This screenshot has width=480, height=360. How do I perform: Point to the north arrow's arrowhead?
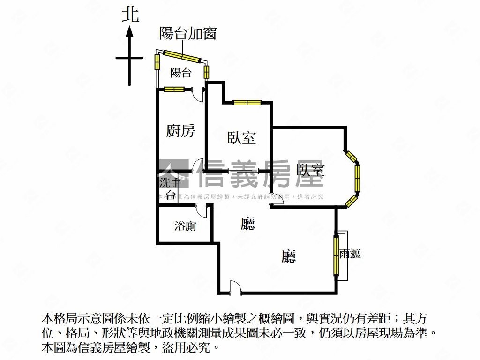click(130, 32)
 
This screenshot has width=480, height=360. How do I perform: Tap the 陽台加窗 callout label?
click(187, 33)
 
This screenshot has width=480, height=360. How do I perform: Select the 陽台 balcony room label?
click(180, 73)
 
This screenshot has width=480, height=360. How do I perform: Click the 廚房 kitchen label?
click(180, 131)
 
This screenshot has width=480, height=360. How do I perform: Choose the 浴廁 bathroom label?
click(185, 226)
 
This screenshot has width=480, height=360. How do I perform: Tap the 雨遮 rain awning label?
click(350, 255)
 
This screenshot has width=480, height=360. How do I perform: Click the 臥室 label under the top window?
click(241, 138)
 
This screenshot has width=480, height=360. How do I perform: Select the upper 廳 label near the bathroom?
click(248, 224)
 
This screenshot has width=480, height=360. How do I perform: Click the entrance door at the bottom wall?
click(235, 288)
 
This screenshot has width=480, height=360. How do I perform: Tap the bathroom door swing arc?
click(202, 211)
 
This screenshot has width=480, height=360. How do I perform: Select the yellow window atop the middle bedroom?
click(247, 103)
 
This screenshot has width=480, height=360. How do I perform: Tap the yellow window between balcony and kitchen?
click(174, 89)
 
